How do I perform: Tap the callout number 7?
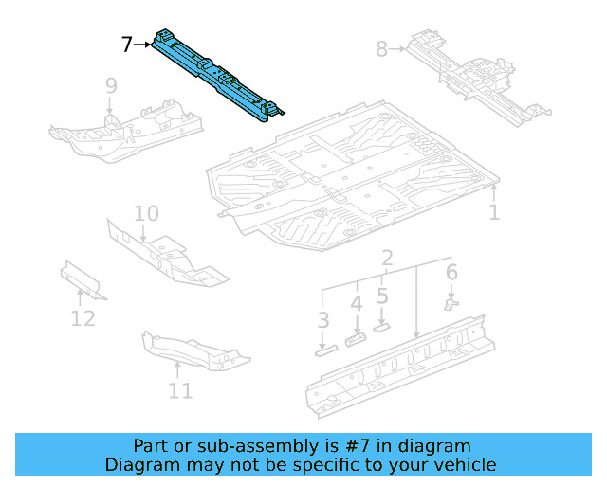click(x=127, y=44)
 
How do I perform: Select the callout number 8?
click(x=381, y=48)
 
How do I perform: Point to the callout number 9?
click(x=111, y=86)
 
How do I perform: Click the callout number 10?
click(x=146, y=213)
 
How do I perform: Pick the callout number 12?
click(x=83, y=317)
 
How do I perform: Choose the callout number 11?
click(x=180, y=389)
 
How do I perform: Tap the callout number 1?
click(x=494, y=212)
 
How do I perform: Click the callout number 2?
click(x=387, y=259)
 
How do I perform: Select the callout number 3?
click(x=323, y=320)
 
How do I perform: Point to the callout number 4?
click(x=357, y=304)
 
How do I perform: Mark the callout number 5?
click(x=382, y=296)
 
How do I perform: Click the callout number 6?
click(x=451, y=273)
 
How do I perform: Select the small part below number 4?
click(x=357, y=338)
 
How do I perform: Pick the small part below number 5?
click(x=382, y=326)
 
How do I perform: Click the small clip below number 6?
click(x=451, y=303)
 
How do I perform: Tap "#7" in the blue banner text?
click(x=345, y=446)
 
